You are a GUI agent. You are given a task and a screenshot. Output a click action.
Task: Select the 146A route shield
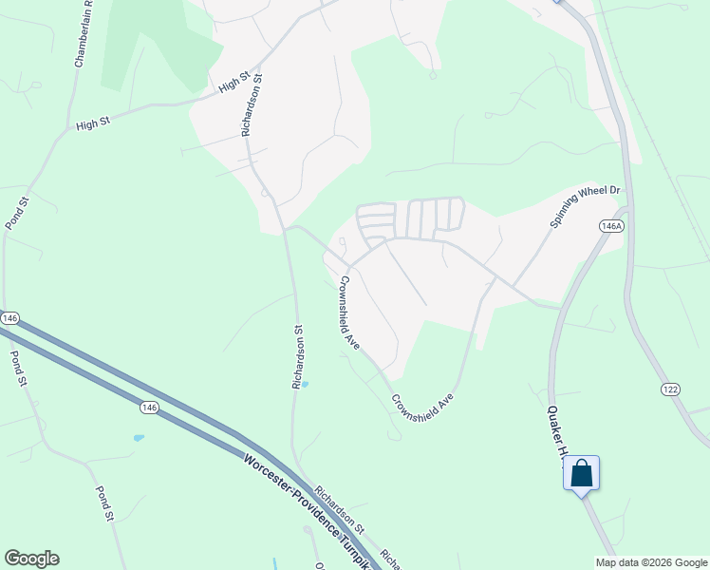pos(611,226)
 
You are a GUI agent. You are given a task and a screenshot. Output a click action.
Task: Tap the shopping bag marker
pos(581,473)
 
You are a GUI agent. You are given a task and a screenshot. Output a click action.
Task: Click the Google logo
pos(31,559)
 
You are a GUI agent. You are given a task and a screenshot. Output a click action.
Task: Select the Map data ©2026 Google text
pos(651,562)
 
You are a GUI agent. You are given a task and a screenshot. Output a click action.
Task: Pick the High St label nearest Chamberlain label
pos(93,124)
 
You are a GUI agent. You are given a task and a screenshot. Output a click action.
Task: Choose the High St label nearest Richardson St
pos(233,85)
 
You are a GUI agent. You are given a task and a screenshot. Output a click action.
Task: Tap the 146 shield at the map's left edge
pos(9,317)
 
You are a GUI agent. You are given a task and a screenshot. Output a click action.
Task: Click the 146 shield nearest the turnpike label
pos(148,407)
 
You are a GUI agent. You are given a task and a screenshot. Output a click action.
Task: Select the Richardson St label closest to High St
pos(252,106)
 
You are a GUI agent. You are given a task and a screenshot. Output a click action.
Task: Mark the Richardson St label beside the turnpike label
pos(339,508)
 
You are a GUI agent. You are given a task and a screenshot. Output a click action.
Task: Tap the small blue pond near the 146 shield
pos(139,438)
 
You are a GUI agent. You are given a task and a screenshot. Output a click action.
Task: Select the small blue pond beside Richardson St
pos(304,384)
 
